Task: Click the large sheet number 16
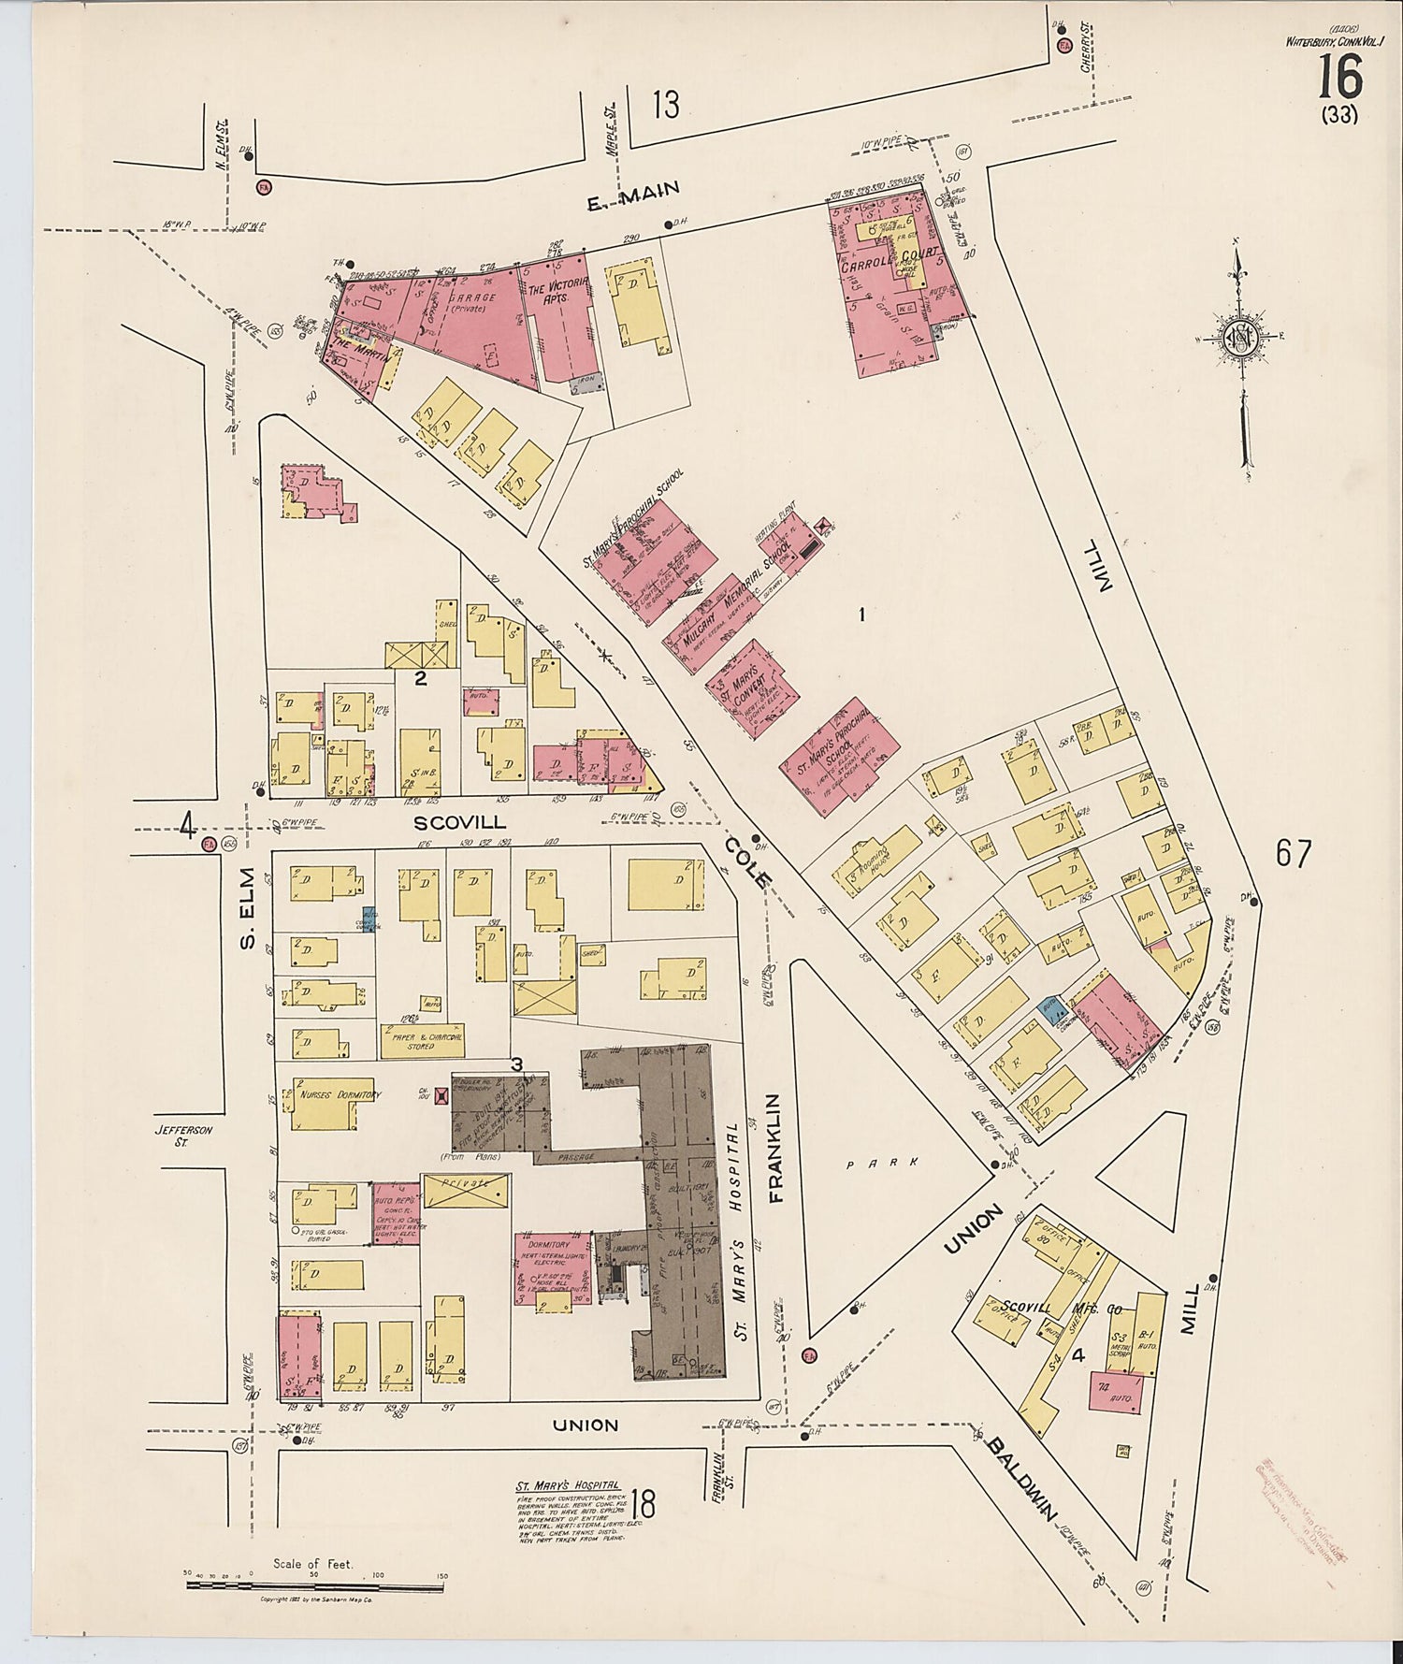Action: coord(1339,78)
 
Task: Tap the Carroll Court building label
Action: coord(875,266)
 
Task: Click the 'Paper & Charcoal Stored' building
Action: coord(421,1039)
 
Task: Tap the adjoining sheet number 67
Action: coord(1293,853)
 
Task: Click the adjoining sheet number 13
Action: coord(666,105)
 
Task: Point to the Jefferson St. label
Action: coord(185,1135)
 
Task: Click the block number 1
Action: coord(861,615)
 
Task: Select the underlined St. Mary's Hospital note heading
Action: coord(568,1484)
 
